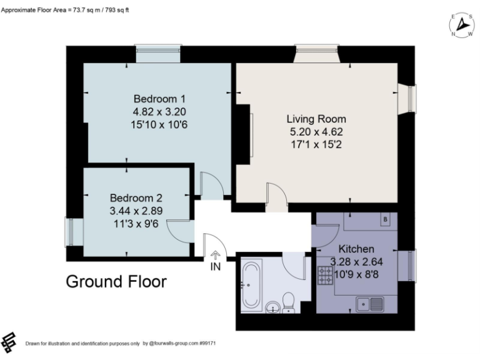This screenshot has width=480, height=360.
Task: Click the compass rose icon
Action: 461,25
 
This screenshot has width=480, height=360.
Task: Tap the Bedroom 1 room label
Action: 159,99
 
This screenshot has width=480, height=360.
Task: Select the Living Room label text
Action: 316,119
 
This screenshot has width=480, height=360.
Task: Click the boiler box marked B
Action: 385,219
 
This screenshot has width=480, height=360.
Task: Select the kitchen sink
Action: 369,304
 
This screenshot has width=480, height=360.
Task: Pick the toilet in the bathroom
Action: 289,304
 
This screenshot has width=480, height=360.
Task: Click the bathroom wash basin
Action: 273,307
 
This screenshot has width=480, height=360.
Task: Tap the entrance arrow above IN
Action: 216,254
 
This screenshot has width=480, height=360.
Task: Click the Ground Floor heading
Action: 116,282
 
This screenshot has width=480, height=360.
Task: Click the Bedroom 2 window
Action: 71,231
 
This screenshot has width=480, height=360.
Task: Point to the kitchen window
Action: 411,266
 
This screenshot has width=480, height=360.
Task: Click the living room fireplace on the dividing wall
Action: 248,136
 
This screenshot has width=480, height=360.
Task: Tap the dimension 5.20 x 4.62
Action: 316,132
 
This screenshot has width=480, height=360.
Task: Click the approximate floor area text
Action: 68,11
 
